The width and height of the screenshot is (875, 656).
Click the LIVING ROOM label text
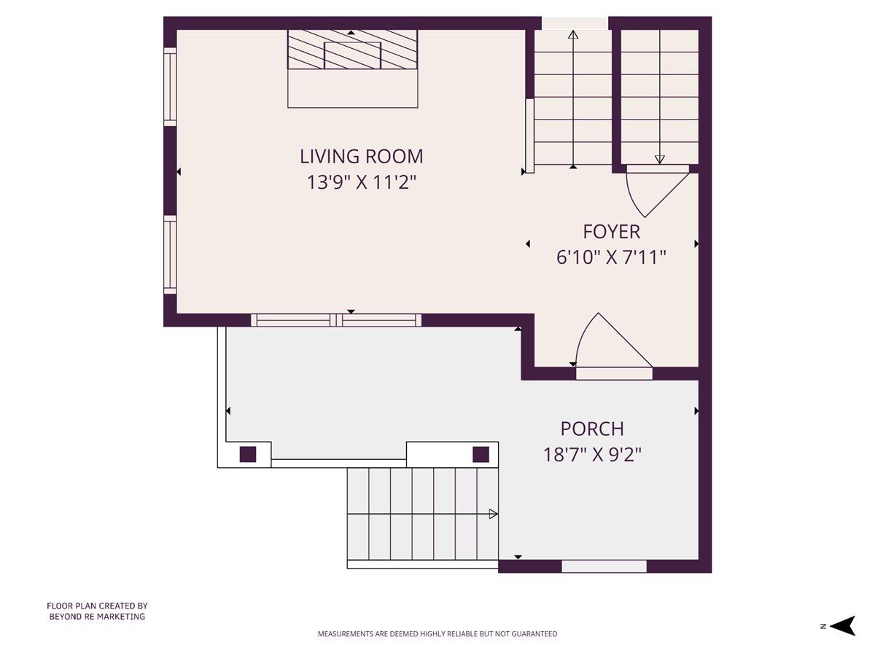coord(361,156)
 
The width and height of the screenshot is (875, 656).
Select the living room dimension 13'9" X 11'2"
coord(361,182)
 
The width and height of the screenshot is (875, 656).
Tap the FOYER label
coord(611,232)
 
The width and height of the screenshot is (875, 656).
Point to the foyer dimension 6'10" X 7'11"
coord(611,257)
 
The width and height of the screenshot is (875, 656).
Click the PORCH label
coord(591,429)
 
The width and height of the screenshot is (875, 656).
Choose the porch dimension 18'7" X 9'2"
coord(591,455)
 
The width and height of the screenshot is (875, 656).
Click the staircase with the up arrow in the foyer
coord(573,98)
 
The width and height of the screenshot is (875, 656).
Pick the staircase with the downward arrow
coord(659,98)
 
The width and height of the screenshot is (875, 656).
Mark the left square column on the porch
coord(248,454)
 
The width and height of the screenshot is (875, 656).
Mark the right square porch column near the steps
coord(481,454)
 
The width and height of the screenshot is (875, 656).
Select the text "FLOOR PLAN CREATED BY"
coord(97,606)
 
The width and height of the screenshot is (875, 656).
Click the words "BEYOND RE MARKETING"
coord(97,617)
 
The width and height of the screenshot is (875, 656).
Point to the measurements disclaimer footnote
coord(437,634)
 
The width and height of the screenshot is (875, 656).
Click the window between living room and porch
coord(336,320)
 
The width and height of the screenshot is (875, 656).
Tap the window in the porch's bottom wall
coord(604,566)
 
